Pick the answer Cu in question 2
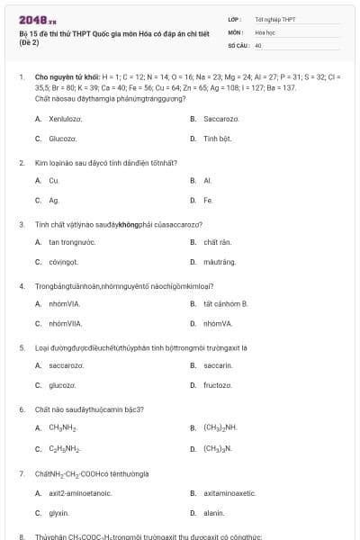coord(54,180)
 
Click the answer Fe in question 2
coord(208,200)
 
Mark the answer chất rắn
coord(218,242)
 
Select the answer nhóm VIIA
coord(64,323)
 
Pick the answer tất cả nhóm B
coord(225,303)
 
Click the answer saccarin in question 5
coord(218,365)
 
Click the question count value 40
coord(258,44)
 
